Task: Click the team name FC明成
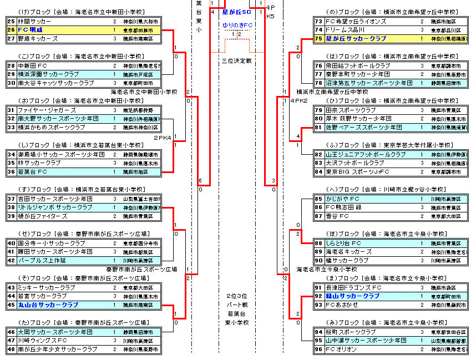(31, 30)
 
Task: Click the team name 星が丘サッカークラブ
(356, 39)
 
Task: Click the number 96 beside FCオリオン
(318, 349)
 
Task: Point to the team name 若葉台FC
(32, 172)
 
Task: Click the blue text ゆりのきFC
(237, 26)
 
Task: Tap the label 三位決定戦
(237, 60)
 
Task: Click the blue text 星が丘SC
(236, 12)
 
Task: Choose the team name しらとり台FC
(345, 243)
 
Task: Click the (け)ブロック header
(83, 12)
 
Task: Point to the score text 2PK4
(163, 137)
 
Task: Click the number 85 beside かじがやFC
(318, 199)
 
